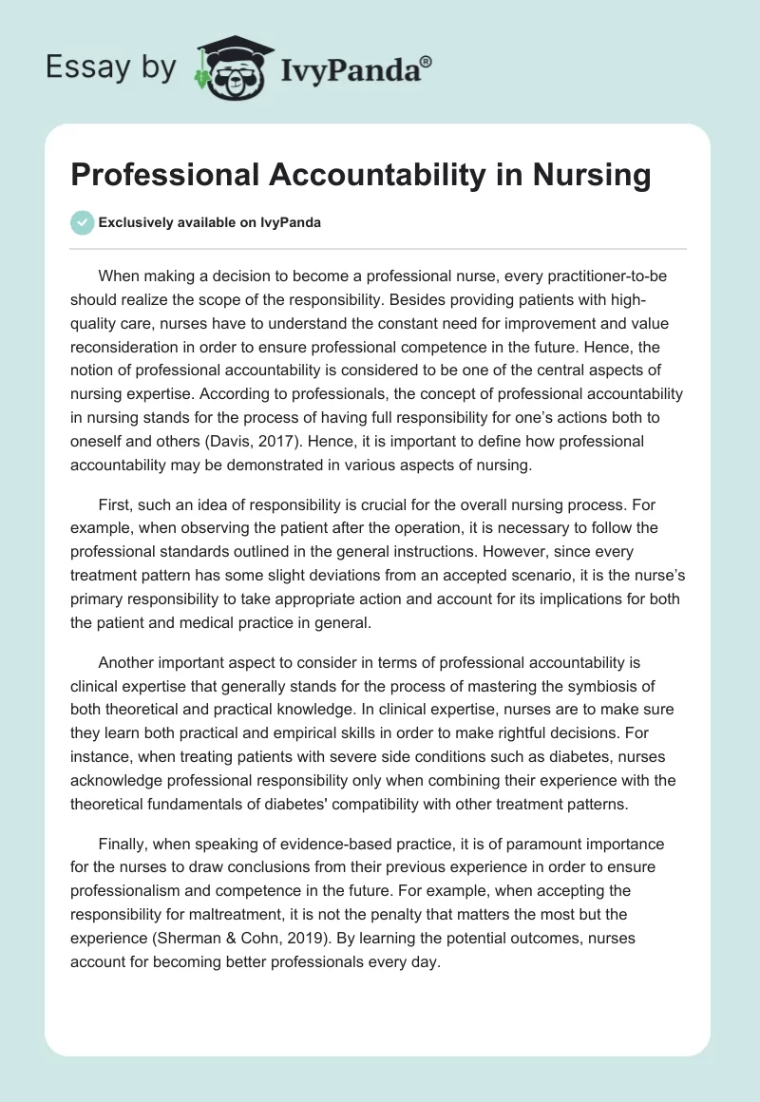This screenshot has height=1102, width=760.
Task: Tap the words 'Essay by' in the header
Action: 109,67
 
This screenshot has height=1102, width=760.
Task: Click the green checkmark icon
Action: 82,222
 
